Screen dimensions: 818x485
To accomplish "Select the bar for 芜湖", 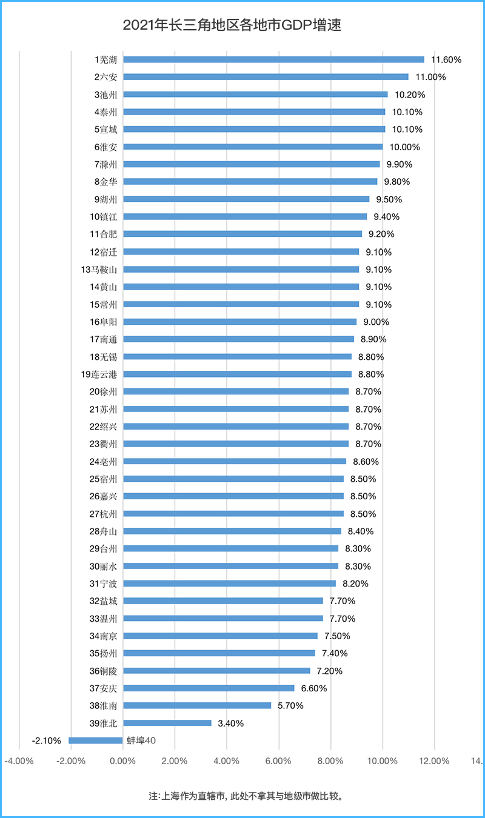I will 273,59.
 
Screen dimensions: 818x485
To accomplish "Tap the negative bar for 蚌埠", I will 96,740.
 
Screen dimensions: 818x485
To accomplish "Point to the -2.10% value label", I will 46,740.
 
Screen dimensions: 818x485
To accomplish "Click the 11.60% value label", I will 446,60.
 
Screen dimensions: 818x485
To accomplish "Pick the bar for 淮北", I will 167,723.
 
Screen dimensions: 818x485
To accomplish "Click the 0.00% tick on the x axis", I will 122,762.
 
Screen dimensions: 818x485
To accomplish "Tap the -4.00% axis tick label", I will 18,762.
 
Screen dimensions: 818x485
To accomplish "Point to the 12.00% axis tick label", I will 435,762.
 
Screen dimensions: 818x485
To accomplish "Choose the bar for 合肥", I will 242,234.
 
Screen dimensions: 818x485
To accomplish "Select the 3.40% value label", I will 231,723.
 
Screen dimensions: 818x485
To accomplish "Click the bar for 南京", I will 220,636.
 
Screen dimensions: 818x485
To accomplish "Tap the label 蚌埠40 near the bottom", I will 141,740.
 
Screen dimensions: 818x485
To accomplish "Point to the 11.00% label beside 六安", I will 430,77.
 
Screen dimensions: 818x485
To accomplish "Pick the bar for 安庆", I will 209,688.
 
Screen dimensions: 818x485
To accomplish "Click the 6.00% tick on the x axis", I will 279,762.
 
